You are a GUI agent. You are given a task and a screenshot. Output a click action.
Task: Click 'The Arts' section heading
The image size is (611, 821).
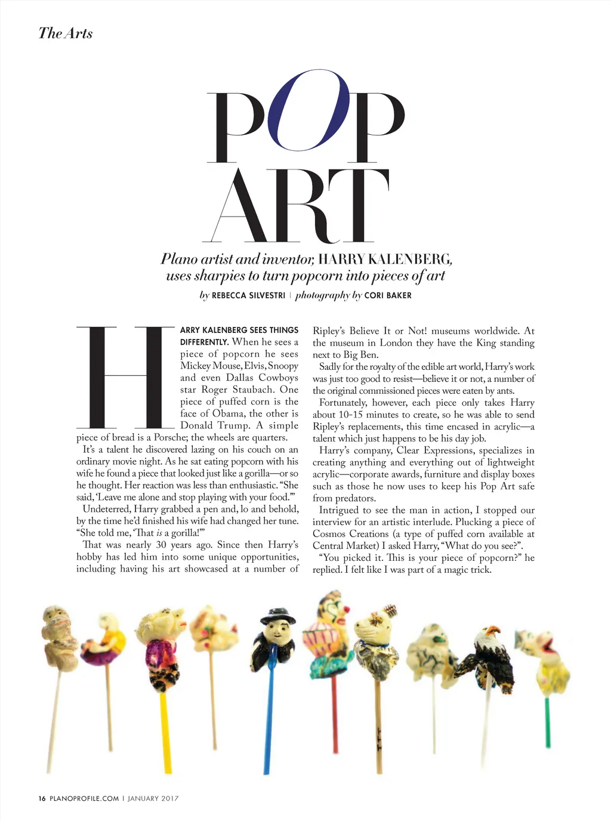click(x=66, y=33)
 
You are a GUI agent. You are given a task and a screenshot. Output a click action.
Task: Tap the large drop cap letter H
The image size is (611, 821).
click(x=126, y=377)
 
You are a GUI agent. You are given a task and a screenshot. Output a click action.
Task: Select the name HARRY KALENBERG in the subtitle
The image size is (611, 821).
click(x=385, y=259)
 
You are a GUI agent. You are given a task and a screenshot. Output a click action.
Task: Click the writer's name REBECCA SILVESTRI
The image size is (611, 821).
click(x=248, y=295)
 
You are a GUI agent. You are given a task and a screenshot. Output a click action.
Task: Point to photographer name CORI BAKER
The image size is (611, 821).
click(x=388, y=295)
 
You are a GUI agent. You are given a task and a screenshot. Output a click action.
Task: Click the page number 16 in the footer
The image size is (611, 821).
click(x=42, y=798)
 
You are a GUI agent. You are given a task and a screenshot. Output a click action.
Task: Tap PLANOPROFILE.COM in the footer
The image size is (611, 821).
click(x=84, y=798)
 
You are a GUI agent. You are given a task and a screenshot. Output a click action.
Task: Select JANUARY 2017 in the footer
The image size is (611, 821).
click(x=153, y=798)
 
